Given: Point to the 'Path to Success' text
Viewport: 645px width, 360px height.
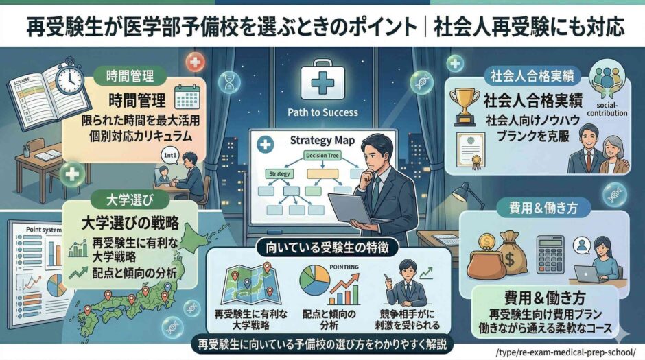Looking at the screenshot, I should [324, 112].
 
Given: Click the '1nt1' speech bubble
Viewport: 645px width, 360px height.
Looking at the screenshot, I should [170, 155].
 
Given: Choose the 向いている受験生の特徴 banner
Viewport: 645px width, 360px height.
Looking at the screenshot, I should [322, 244].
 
